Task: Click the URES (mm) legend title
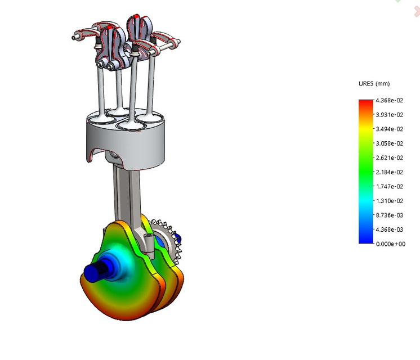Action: pyautogui.click(x=374, y=84)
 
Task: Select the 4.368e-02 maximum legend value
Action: pyautogui.click(x=390, y=101)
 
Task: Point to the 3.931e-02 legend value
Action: pyautogui.click(x=390, y=115)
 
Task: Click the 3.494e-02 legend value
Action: pyautogui.click(x=390, y=129)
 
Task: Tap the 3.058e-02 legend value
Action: pyautogui.click(x=390, y=143)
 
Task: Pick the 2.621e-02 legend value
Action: pyautogui.click(x=390, y=158)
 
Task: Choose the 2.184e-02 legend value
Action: pyautogui.click(x=390, y=172)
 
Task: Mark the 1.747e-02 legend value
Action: pyautogui.click(x=390, y=187)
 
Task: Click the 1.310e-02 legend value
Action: pyautogui.click(x=390, y=201)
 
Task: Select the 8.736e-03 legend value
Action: pyautogui.click(x=390, y=215)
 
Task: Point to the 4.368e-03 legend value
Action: pyautogui.click(x=390, y=229)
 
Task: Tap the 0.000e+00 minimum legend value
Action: pyautogui.click(x=390, y=244)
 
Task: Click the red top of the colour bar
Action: pyautogui.click(x=365, y=103)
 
